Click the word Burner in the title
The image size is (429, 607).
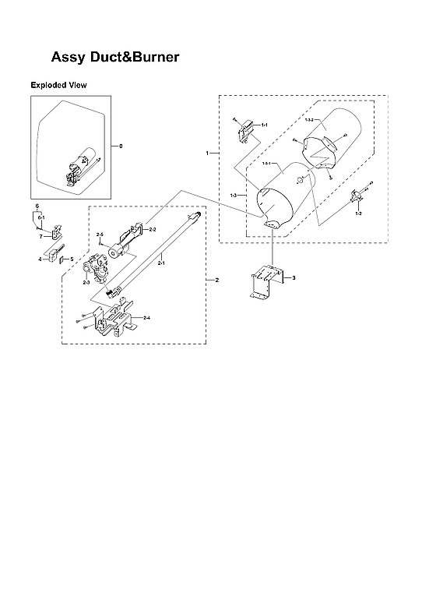click(151, 57)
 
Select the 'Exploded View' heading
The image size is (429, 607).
click(58, 84)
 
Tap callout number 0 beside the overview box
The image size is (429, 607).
click(121, 146)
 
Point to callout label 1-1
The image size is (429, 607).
click(264, 125)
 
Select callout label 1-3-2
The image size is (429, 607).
click(308, 119)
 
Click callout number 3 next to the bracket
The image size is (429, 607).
click(294, 277)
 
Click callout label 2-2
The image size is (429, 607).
click(153, 230)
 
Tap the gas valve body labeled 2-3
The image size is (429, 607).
click(98, 271)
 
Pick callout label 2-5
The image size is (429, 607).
click(100, 235)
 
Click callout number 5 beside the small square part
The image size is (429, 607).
click(72, 259)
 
